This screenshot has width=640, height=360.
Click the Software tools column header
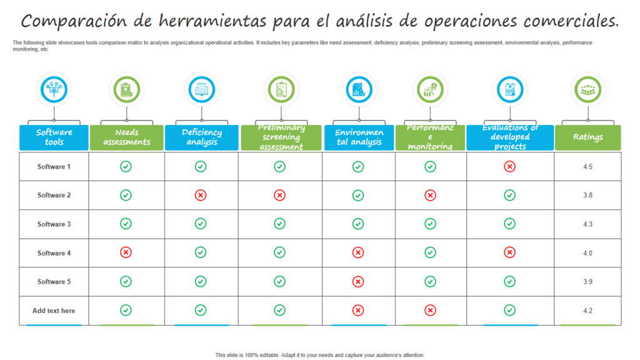(x=54, y=137)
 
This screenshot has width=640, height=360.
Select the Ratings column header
(x=587, y=137)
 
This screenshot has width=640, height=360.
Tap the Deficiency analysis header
(x=201, y=137)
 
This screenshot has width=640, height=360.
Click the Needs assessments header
(x=126, y=137)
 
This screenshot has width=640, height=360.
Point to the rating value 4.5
(x=587, y=167)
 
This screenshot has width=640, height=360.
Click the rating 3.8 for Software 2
(x=587, y=196)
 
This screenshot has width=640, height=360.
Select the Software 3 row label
(x=54, y=224)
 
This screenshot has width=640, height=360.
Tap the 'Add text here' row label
(x=54, y=311)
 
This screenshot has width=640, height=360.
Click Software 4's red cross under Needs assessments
(x=126, y=252)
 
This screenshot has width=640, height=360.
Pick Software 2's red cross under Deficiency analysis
(x=201, y=195)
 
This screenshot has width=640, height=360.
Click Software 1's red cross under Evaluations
(x=509, y=166)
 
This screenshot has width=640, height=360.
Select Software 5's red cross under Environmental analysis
(x=358, y=281)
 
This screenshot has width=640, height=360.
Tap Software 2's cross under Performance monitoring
(x=430, y=195)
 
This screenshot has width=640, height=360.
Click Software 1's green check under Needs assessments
(x=126, y=166)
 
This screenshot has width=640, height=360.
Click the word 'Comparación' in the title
(x=74, y=21)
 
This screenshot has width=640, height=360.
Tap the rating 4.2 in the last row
(x=587, y=311)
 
